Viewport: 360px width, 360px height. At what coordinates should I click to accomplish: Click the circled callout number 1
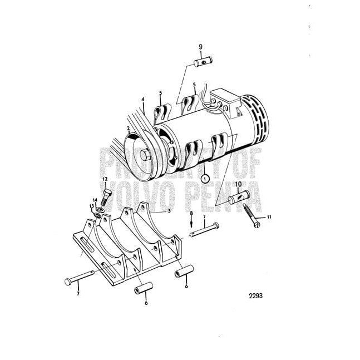(205, 178)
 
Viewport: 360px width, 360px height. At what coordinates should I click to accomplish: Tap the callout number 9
(201, 47)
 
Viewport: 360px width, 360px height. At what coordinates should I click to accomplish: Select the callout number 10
(238, 184)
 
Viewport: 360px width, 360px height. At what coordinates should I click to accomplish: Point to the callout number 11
(269, 217)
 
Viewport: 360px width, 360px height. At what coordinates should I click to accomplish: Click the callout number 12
(105, 179)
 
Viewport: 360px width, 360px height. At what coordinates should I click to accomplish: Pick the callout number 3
(169, 211)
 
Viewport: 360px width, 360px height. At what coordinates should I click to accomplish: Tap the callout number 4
(143, 100)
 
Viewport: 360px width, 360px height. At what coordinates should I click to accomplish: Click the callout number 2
(129, 128)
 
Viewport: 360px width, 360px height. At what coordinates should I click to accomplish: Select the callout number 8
(191, 213)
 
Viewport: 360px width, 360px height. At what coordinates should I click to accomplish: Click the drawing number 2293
(255, 295)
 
